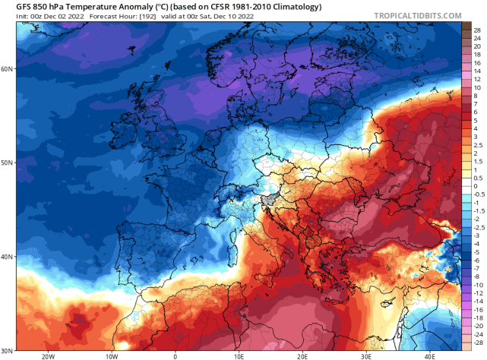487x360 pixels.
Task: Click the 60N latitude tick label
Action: tap(8, 68)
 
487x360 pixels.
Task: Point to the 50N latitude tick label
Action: tap(8, 162)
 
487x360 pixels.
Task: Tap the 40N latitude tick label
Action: tap(8, 257)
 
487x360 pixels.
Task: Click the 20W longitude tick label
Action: tap(49, 355)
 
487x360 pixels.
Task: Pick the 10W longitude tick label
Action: tap(112, 355)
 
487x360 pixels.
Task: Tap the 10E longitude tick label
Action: tap(239, 355)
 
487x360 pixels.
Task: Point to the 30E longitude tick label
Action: tap(365, 355)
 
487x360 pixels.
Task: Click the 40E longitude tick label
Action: tap(428, 355)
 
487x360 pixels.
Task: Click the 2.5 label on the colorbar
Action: tap(477, 151)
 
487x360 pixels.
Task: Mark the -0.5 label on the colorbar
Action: tap(477, 194)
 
